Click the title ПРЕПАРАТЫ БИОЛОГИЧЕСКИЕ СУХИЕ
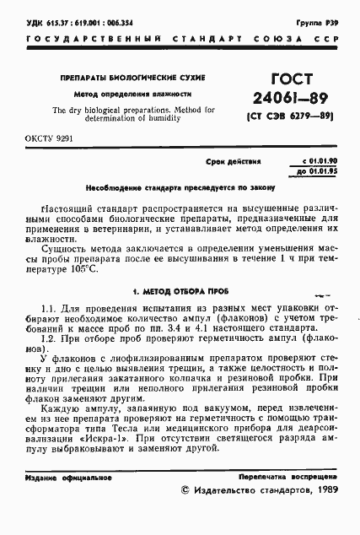(133, 78)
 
